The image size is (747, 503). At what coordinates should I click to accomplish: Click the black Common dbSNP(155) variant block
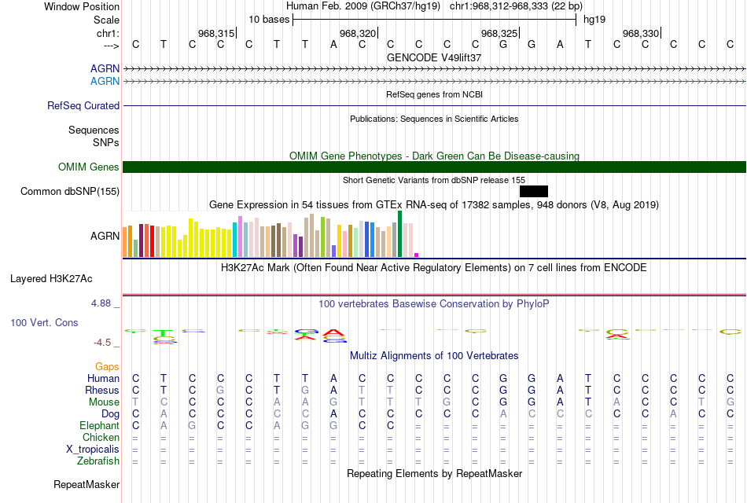point(533,191)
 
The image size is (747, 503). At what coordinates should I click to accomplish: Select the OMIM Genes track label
point(88,167)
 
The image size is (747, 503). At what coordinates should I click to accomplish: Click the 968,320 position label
point(357,34)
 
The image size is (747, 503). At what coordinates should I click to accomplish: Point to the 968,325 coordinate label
point(499,34)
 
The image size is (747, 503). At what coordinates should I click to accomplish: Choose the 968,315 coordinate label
point(216,34)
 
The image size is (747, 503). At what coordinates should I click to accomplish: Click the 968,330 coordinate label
point(640,34)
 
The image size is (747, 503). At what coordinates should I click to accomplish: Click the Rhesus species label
point(102,391)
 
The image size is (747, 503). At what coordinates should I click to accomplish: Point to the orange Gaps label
point(107,367)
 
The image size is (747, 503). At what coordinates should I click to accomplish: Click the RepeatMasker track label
point(86,485)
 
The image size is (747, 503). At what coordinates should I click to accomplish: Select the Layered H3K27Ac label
point(51,278)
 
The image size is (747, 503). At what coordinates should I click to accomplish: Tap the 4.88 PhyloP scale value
point(104,303)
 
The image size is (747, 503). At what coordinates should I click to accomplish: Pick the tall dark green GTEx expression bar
point(400,233)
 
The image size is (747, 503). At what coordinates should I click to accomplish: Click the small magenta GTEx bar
point(417,255)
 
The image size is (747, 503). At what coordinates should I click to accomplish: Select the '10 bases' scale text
point(269,19)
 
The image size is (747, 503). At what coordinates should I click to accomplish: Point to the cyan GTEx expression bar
point(234,240)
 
